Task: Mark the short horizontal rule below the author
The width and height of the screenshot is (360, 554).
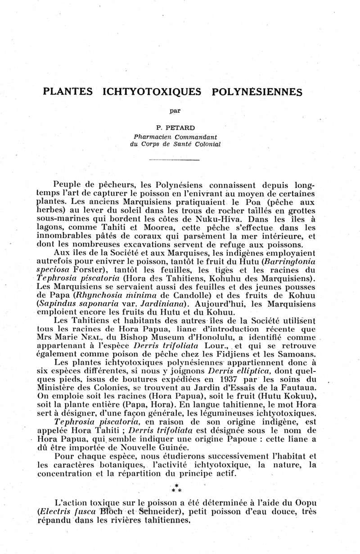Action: [174, 160]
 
